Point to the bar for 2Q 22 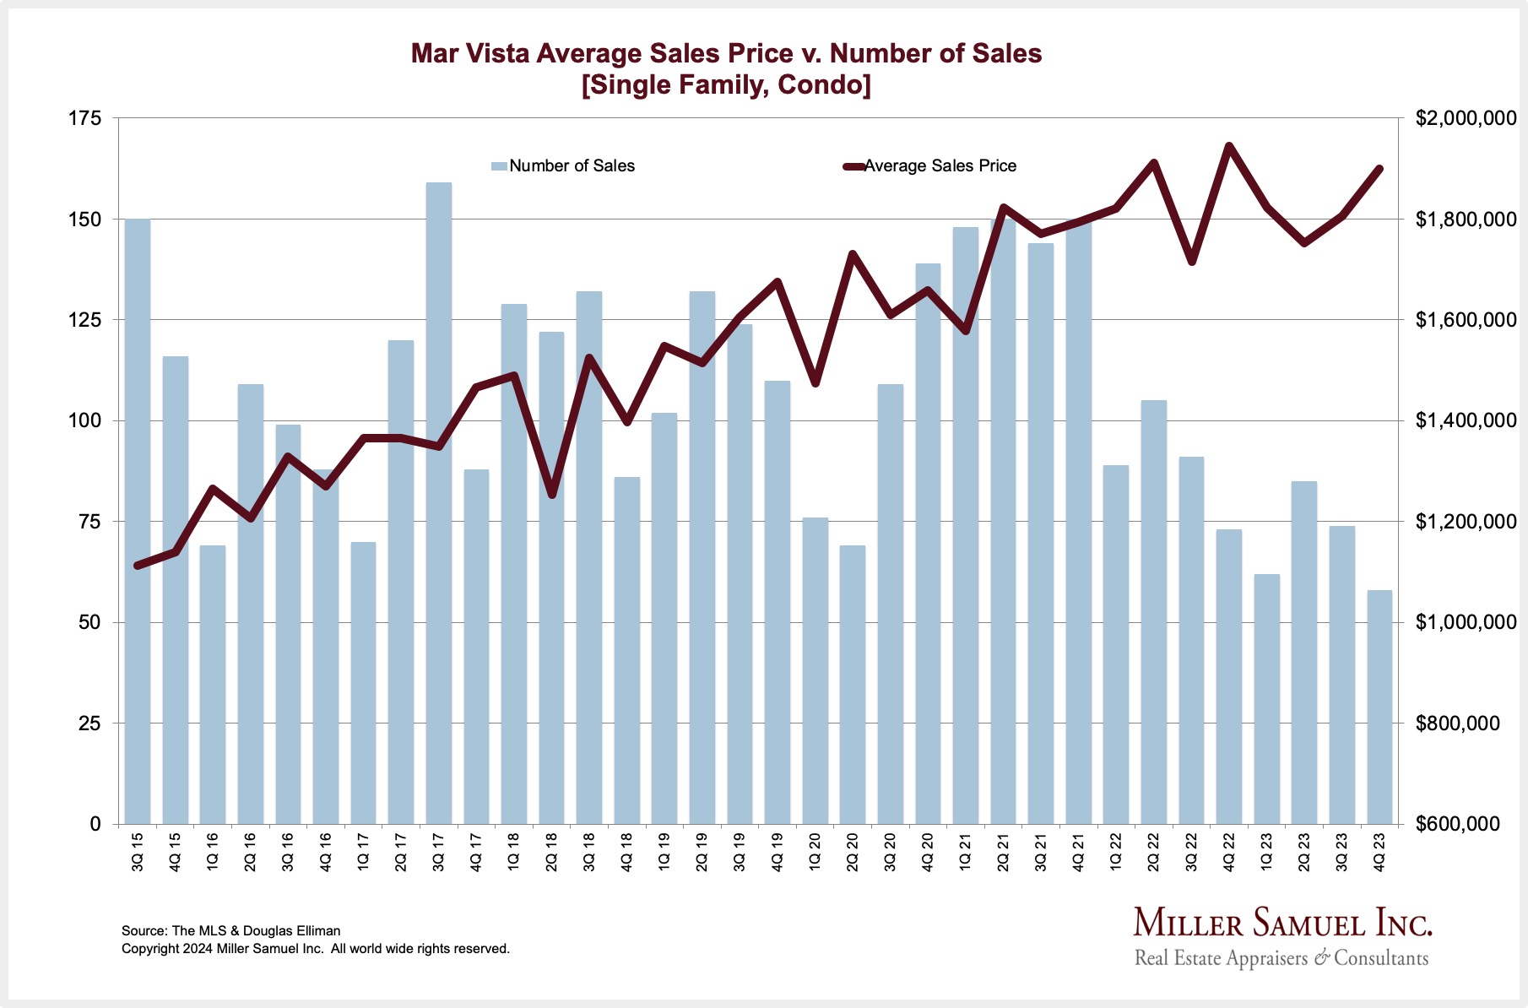tap(1153, 611)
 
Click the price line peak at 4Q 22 tap(1229, 146)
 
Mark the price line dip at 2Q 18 tap(551, 495)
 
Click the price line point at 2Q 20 tap(853, 253)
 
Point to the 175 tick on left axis tap(84, 118)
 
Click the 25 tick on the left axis tap(89, 723)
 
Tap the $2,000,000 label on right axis tap(1466, 118)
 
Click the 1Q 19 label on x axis tap(664, 851)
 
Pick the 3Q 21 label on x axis tap(1041, 851)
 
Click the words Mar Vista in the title tap(469, 54)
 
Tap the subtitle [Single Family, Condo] tap(726, 85)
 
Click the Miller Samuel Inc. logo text tap(1281, 923)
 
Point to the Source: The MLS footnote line tap(231, 930)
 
